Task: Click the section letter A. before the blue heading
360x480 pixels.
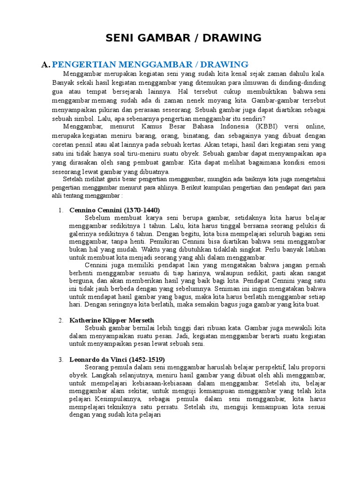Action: tap(45, 64)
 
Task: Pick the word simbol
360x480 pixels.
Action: tap(84, 118)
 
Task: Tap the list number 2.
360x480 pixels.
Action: tap(61, 321)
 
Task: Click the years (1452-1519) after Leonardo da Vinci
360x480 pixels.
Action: tap(140, 360)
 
